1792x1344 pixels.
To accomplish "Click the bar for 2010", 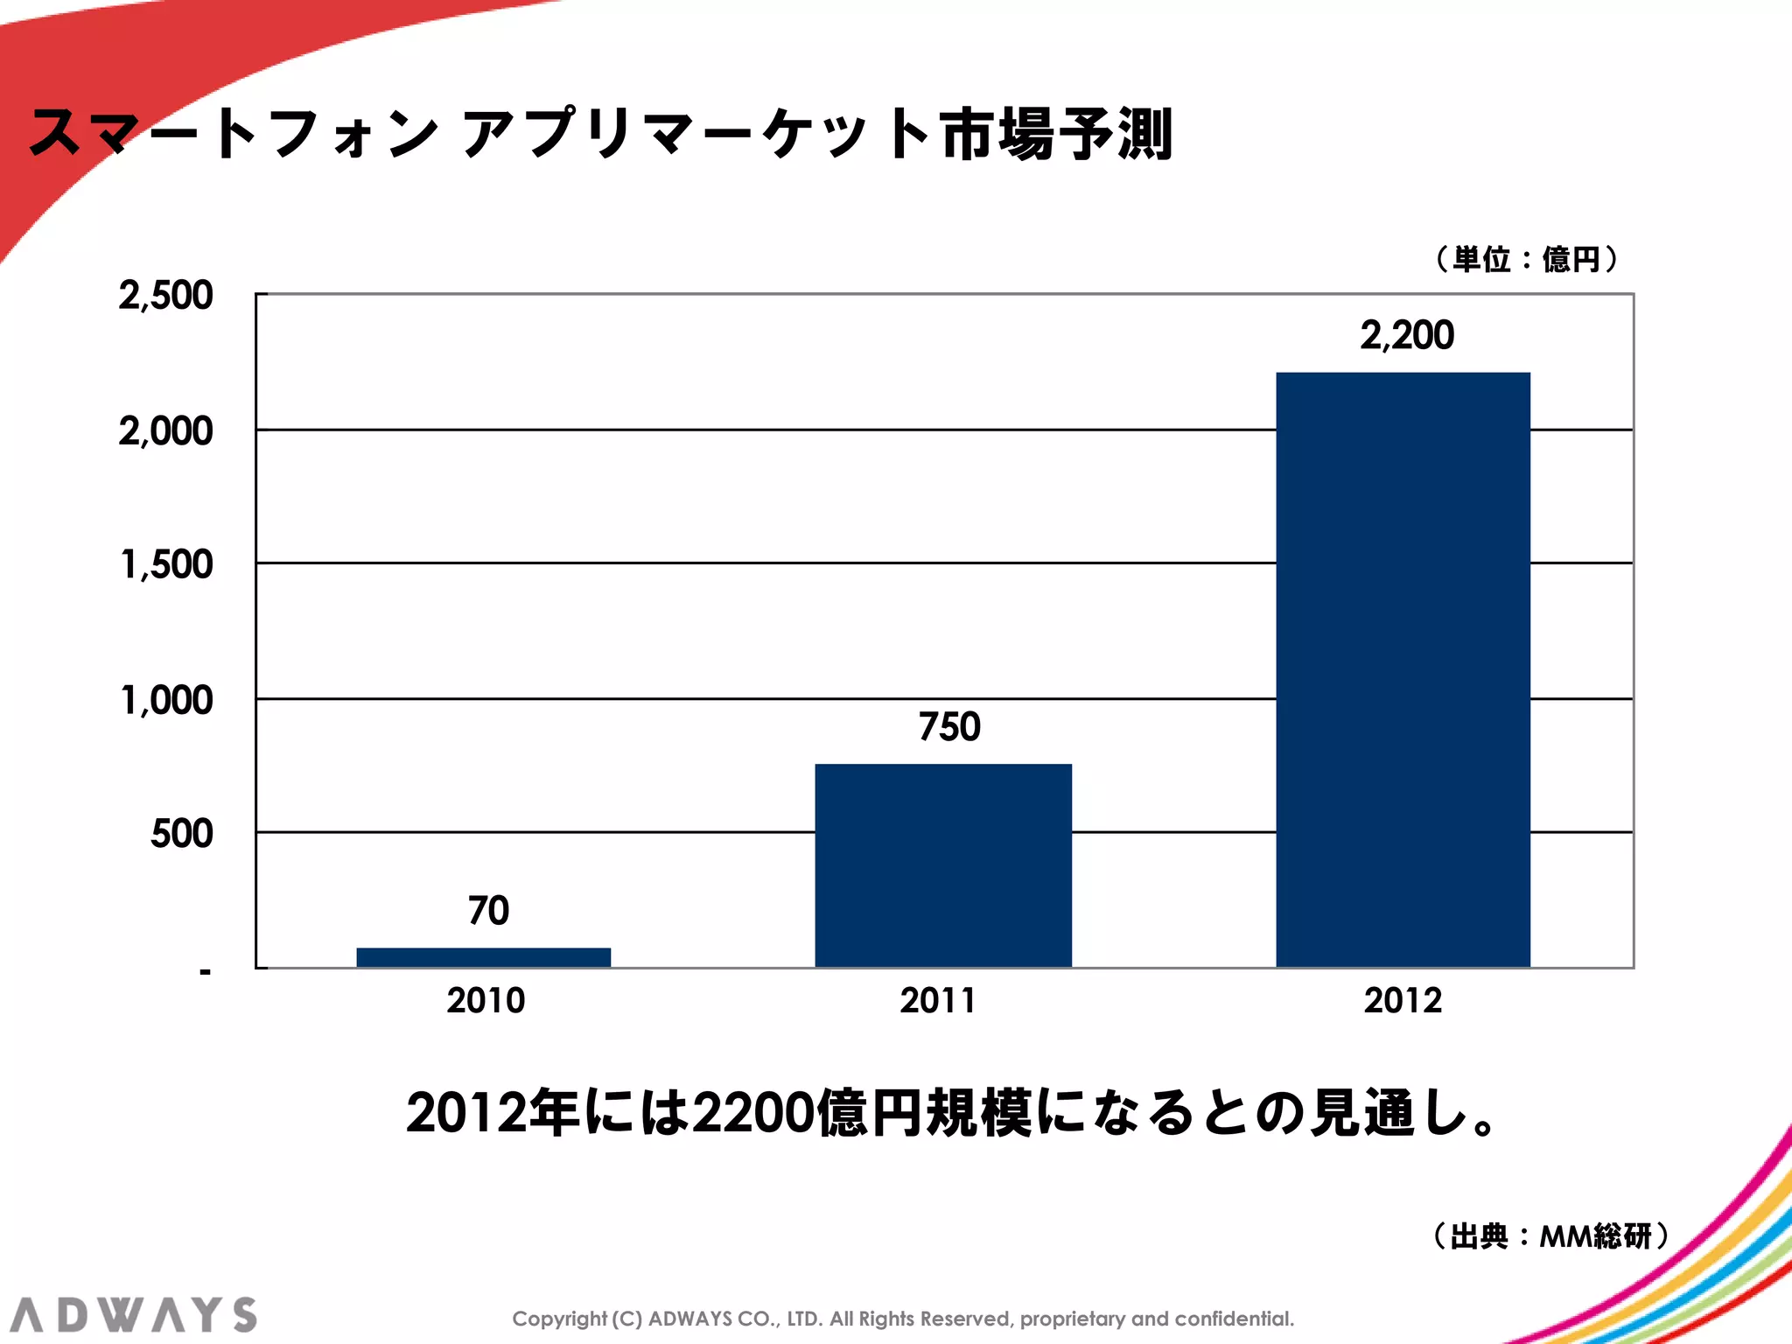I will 483,957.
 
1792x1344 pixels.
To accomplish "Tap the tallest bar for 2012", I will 1403,669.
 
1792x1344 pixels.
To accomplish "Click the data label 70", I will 488,910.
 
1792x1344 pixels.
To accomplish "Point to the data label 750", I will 949,726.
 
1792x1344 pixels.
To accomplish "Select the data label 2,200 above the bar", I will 1407,335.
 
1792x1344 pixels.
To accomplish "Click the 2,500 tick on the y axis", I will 165,296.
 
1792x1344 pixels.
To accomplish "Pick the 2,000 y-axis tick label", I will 165,431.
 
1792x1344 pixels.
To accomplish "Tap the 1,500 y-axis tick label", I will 165,564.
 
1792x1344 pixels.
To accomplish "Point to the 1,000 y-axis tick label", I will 165,700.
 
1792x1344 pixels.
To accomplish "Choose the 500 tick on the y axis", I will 181,833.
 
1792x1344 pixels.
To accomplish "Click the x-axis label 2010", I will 486,1000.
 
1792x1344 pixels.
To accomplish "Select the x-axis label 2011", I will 938,1000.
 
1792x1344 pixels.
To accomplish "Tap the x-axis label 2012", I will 1403,1000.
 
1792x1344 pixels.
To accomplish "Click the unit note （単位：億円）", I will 1526,259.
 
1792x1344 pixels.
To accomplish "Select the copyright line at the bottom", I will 903,1319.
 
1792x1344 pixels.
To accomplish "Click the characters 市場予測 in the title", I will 1056,135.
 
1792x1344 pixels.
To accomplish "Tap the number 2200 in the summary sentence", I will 753,1113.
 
